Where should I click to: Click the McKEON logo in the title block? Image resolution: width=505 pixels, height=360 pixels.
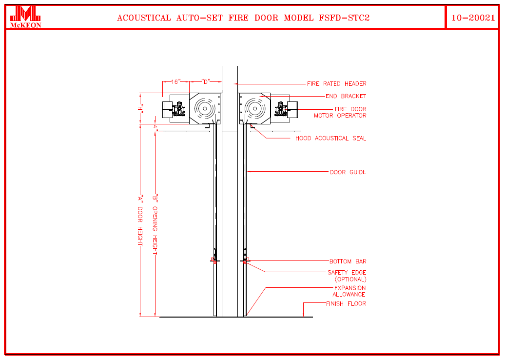[x=25, y=17]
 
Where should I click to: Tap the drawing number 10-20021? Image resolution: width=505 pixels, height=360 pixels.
[x=472, y=18]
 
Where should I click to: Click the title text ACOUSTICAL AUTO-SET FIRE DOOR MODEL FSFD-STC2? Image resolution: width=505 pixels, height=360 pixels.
[x=243, y=18]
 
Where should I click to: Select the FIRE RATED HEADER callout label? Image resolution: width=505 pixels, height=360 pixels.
[x=336, y=84]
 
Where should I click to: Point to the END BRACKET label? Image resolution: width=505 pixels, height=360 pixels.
[x=346, y=97]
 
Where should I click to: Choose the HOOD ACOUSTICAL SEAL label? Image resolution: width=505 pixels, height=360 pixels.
[x=330, y=139]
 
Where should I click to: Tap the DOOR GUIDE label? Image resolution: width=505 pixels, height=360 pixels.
[x=348, y=172]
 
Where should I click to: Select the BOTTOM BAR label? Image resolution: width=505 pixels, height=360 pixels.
[x=348, y=262]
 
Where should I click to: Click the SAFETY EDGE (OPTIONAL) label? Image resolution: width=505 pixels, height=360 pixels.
[x=347, y=276]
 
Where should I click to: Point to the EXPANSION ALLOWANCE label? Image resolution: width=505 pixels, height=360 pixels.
[x=349, y=291]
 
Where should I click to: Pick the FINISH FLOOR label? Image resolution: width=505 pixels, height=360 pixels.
[x=346, y=304]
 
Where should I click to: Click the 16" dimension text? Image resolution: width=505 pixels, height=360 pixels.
[x=175, y=81]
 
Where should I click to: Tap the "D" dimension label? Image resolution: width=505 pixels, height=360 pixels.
[x=206, y=81]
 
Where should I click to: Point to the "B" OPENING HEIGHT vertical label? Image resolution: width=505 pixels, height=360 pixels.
[x=155, y=224]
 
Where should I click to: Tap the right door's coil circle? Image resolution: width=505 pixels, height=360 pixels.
[x=254, y=108]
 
